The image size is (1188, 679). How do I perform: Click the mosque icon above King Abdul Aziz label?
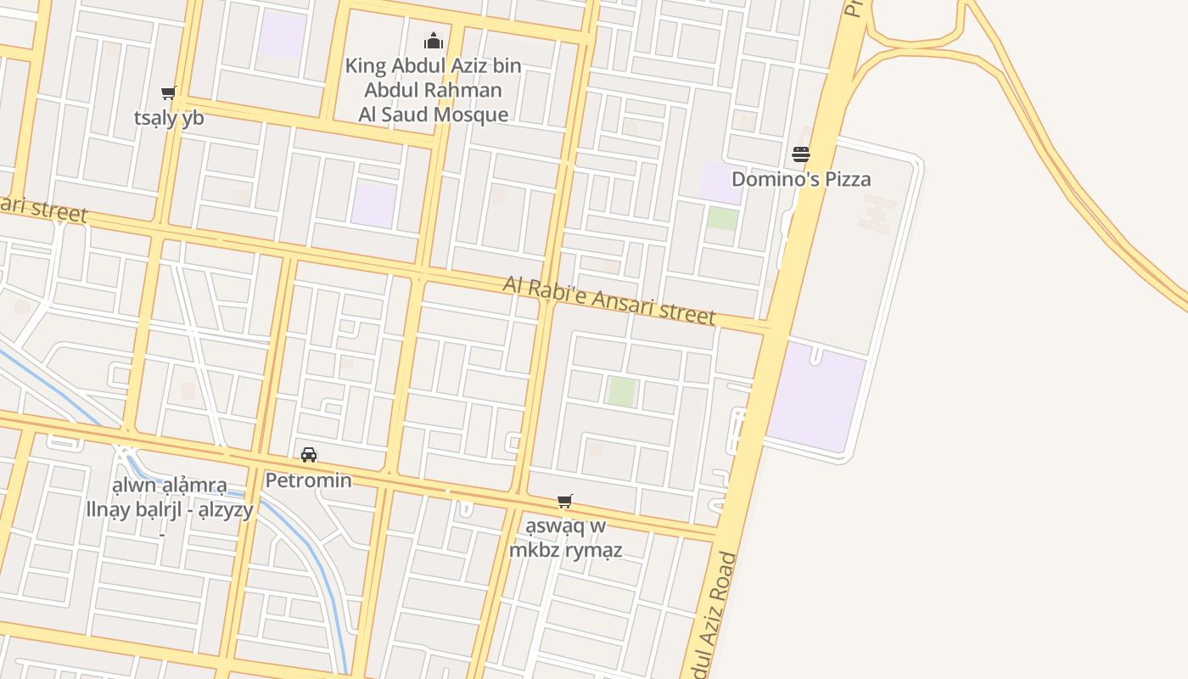[434, 41]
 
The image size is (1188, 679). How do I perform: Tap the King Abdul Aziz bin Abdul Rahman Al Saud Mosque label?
[434, 90]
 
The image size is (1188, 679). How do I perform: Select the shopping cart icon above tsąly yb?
[168, 93]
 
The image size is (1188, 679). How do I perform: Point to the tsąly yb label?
[169, 118]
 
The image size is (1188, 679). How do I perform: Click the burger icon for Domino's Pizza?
[800, 154]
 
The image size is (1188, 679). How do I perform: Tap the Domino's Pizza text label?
[801, 179]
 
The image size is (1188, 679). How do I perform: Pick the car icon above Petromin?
[309, 455]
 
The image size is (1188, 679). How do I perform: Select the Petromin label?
[309, 480]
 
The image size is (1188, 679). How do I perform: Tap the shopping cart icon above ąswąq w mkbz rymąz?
[565, 502]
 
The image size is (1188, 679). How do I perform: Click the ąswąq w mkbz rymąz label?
[566, 538]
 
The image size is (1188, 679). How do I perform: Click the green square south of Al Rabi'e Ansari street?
[621, 391]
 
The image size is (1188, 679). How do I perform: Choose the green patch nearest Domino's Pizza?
[723, 218]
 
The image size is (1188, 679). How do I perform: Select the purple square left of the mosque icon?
[282, 35]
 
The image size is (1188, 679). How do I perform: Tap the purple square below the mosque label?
[373, 205]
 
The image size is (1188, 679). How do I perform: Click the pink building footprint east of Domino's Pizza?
[876, 213]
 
